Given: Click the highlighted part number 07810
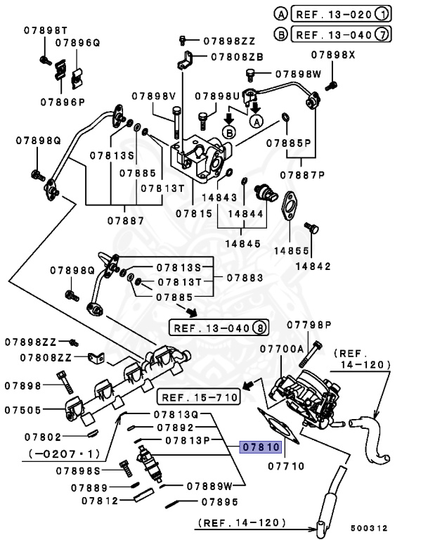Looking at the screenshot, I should point(261,446).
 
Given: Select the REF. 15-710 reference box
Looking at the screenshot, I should point(198,397).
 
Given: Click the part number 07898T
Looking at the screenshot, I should point(44,30).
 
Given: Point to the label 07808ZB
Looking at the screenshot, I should point(237,56).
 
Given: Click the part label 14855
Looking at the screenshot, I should point(292,250).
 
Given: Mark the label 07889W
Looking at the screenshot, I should point(210,486).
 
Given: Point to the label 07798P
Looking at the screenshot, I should point(309,324).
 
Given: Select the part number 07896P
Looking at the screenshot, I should point(62,101).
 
